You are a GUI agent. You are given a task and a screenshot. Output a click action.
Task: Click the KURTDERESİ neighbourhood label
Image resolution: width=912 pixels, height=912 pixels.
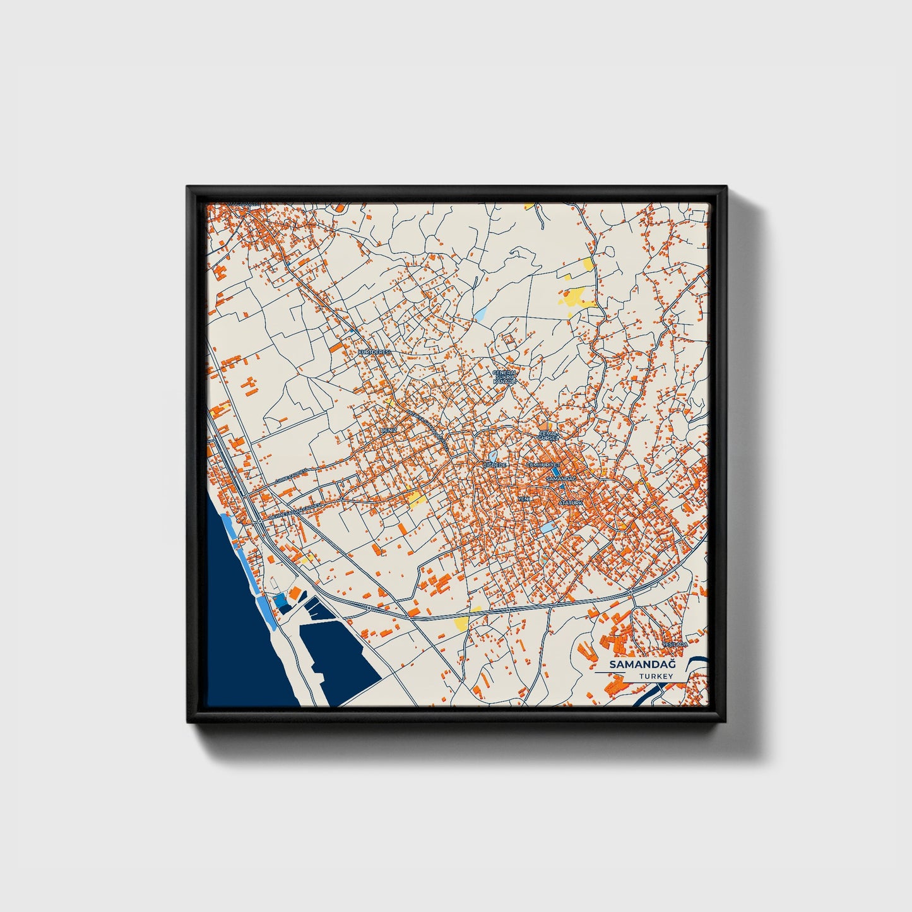374,352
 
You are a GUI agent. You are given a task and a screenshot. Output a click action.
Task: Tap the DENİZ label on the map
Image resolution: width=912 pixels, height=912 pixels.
388,430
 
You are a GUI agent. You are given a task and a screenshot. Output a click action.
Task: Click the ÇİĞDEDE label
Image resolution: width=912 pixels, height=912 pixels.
494,465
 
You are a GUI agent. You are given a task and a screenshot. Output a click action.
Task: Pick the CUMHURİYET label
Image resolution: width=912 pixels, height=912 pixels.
543,465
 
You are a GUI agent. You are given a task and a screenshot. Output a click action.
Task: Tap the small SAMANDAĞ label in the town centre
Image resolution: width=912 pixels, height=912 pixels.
560,480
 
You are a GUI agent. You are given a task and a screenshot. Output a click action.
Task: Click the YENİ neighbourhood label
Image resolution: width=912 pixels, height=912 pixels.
523,499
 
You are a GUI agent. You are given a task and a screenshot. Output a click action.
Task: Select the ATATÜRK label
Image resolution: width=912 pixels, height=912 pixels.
572,502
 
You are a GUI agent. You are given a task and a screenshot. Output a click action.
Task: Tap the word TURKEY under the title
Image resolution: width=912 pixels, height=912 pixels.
655,677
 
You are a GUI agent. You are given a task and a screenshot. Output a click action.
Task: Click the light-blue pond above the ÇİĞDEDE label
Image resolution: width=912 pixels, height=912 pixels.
493,455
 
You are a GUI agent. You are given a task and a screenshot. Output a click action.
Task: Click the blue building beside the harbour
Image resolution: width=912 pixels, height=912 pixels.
280,601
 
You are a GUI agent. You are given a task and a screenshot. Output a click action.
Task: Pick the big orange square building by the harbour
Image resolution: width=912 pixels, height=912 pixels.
295,592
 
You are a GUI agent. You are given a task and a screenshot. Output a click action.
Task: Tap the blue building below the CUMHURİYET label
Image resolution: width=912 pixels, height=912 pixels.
555,471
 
